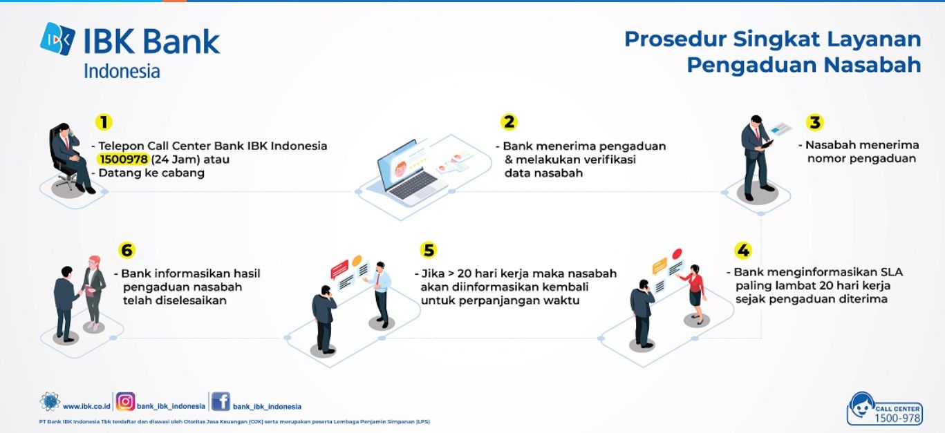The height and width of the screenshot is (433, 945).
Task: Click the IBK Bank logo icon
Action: click(57, 39)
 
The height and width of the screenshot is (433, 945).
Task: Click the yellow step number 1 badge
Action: click(104, 122)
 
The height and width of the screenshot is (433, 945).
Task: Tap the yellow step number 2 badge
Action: click(509, 122)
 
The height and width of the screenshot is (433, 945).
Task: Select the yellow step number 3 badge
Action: click(814, 122)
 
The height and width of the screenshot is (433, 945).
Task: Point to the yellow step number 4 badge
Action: click(743, 251)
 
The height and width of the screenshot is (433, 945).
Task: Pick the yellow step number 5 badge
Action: click(428, 250)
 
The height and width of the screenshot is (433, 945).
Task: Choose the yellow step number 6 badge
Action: click(127, 250)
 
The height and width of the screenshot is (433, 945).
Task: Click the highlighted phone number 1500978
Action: click(124, 160)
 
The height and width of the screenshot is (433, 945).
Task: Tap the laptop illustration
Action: click(411, 173)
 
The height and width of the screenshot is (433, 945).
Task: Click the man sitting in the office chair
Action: click(72, 158)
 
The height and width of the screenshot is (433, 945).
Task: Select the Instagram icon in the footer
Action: click(125, 401)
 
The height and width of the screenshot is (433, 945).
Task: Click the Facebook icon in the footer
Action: click(221, 401)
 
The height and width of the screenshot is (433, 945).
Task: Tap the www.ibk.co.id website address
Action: click(86, 407)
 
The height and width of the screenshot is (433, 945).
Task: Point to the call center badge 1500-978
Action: click(885, 409)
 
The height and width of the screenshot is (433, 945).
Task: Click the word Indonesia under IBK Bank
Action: click(122, 71)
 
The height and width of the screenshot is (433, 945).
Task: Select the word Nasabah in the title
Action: click(872, 65)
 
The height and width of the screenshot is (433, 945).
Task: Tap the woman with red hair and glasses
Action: click(93, 291)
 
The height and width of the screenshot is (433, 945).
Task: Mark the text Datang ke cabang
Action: click(151, 173)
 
